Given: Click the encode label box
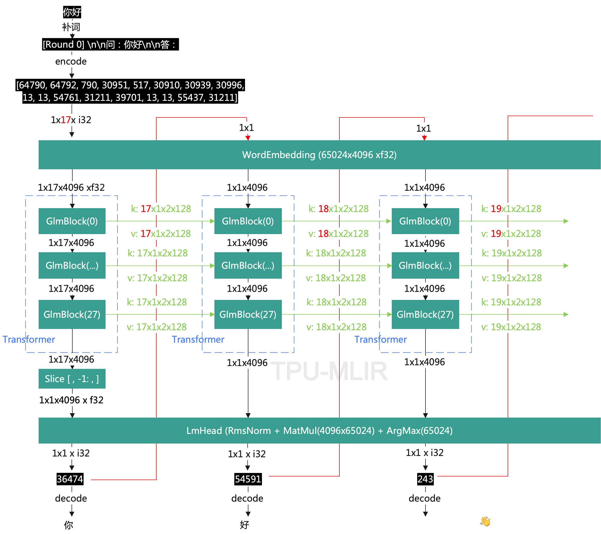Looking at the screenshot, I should click(x=71, y=61).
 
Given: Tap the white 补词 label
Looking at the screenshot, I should click(x=71, y=27).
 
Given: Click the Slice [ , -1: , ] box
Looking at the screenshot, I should click(x=72, y=379).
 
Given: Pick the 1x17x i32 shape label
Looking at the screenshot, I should click(x=71, y=120).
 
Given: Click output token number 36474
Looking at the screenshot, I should click(x=70, y=479).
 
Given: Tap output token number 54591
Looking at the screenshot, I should click(x=248, y=479).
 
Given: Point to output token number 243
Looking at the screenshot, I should click(x=425, y=479).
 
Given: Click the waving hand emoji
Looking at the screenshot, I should click(x=485, y=521).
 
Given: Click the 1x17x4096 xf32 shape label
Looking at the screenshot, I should click(x=71, y=187).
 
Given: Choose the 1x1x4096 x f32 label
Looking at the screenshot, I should click(x=71, y=400).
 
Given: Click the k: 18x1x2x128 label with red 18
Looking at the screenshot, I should click(x=339, y=209).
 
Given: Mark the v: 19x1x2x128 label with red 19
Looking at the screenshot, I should click(x=511, y=234).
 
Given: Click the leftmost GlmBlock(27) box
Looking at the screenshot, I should click(x=72, y=314).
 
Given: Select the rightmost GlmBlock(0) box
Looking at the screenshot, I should click(x=425, y=221).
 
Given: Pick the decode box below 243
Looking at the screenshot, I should click(x=425, y=498).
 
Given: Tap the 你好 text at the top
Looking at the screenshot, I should click(x=72, y=12).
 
